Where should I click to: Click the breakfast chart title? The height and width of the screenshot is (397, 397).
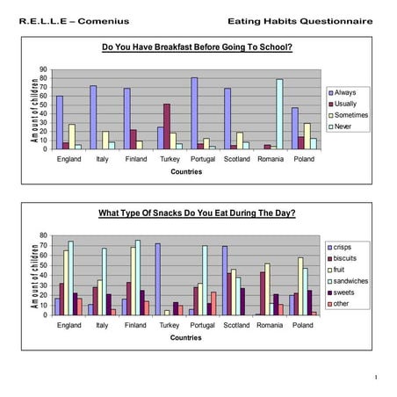198,47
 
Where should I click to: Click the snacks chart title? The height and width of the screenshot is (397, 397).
198,213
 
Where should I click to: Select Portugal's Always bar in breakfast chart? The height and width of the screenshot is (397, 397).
193,113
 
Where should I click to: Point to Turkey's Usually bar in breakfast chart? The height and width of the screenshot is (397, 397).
167,126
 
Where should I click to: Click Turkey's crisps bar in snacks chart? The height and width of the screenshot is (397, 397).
158,278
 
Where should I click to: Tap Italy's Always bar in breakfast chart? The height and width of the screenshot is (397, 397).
92,117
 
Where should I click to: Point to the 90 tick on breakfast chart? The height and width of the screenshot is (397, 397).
44,69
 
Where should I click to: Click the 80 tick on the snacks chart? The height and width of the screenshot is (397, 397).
44,235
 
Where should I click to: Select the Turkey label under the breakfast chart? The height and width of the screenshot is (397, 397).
170,160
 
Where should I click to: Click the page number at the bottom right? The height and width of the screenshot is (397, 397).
375,378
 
